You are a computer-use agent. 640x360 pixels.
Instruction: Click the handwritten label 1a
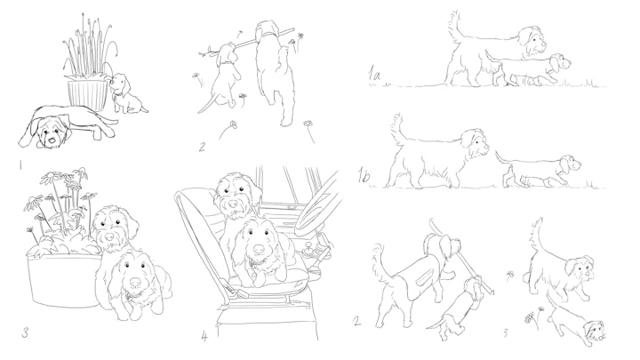click(x=374, y=75)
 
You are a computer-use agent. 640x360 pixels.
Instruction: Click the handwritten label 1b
click(x=364, y=176)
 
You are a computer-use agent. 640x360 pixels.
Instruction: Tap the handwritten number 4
click(x=204, y=336)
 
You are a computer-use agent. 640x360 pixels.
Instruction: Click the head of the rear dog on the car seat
click(x=234, y=193)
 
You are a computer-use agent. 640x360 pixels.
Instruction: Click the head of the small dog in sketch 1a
click(x=558, y=62)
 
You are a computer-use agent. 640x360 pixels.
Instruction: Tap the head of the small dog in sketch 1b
click(x=570, y=164)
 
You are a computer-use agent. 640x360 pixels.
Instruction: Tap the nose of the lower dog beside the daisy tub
click(x=135, y=282)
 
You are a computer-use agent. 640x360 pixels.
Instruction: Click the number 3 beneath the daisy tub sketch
click(x=25, y=333)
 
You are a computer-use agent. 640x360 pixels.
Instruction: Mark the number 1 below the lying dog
click(x=20, y=165)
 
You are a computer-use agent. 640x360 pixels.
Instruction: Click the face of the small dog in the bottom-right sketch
click(x=593, y=330)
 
